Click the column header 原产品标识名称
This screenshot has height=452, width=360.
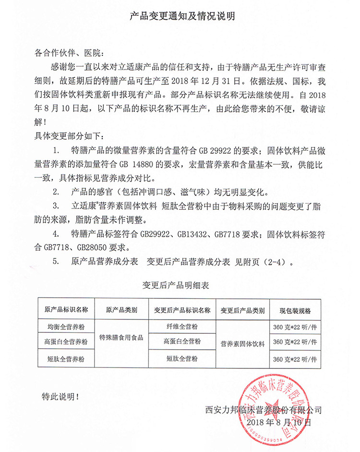66,310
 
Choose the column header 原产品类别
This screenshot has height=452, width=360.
121,310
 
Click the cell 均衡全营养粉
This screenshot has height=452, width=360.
66,327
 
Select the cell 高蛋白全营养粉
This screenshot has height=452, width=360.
66,342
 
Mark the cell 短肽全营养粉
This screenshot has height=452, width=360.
66,358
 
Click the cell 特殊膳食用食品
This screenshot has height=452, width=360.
121,338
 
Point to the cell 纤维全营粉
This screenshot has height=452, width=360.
183,326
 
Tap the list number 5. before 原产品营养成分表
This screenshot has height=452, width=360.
56,262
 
